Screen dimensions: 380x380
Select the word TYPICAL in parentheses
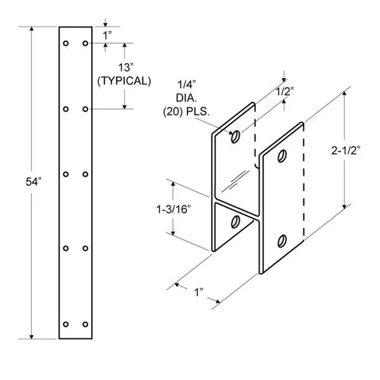[123, 81]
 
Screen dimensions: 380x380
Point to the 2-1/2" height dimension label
[346, 150]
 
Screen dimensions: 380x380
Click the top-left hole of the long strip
[66, 44]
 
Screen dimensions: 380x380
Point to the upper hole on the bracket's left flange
[236, 136]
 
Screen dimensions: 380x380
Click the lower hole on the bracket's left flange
[236, 222]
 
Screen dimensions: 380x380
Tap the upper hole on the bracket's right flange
[282, 155]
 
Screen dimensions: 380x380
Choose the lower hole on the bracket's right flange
[282, 240]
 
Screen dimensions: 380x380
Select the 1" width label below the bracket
[199, 293]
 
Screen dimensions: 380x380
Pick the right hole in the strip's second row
[85, 108]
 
